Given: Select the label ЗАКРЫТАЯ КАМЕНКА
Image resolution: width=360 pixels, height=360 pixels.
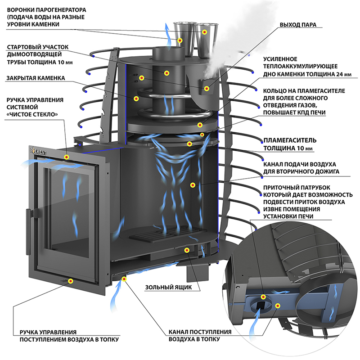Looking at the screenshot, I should click(x=35, y=78).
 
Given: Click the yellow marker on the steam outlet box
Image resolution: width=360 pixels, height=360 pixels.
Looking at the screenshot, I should click(x=207, y=88).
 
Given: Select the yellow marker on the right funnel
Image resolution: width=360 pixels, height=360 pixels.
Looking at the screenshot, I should click(x=205, y=31).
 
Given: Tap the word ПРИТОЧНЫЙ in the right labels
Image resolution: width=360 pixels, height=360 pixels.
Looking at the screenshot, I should click(x=283, y=187).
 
